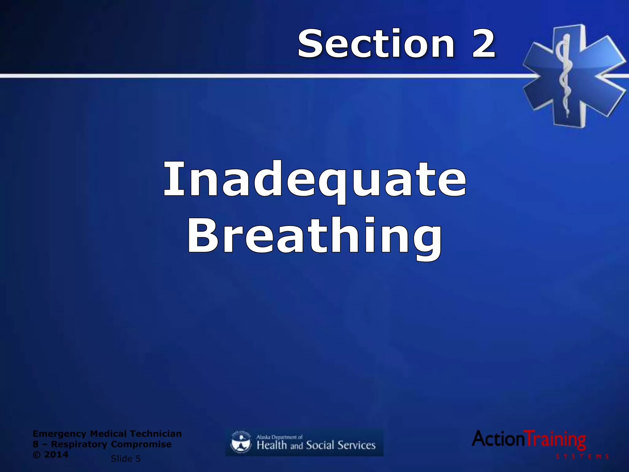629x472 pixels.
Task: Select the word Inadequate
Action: (314, 180)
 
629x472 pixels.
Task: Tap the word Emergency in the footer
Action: (60, 434)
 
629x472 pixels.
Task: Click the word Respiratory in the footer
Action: (79, 444)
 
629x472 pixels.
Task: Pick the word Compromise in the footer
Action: (141, 444)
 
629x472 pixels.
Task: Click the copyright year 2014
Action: (56, 454)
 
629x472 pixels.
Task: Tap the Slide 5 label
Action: (126, 458)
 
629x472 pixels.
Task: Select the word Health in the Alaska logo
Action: (272, 445)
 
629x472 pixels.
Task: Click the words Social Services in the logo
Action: (341, 445)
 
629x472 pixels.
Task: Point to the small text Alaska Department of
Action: (279, 437)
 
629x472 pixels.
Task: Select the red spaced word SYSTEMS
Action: (582, 457)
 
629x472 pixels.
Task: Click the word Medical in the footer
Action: (108, 434)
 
